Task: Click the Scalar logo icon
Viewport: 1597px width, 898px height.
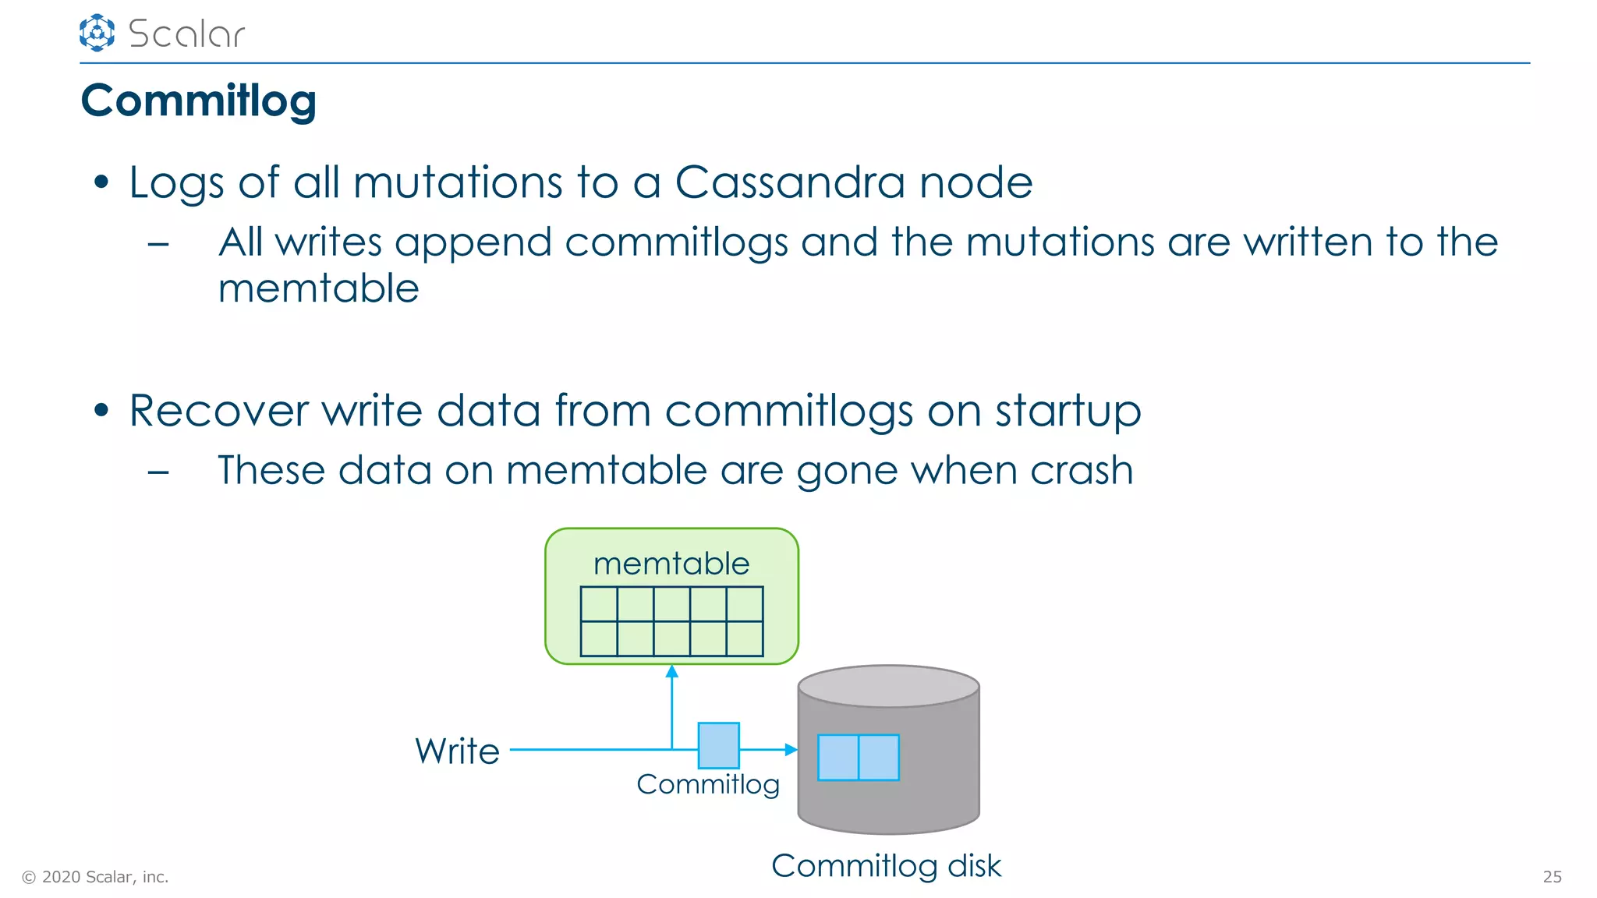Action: pos(97,33)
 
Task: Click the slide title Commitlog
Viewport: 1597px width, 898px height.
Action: pos(199,101)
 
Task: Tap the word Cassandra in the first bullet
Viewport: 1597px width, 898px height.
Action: pos(789,182)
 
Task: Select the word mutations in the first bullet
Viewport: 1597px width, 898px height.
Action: pos(457,182)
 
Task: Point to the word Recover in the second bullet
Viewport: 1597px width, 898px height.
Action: pos(218,411)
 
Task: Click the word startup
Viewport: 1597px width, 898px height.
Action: pos(1068,411)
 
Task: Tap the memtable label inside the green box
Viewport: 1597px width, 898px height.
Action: pos(671,564)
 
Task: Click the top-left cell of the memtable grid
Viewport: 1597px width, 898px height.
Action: pos(599,604)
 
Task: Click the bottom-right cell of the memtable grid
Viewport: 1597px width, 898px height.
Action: pos(745,638)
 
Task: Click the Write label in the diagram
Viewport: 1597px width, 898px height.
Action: pos(457,751)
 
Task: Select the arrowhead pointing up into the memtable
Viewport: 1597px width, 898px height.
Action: pos(672,671)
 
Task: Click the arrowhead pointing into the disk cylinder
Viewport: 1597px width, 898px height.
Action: pos(791,749)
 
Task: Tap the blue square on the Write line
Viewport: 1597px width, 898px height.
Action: pos(718,745)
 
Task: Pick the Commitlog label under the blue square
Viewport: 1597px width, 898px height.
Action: pos(707,784)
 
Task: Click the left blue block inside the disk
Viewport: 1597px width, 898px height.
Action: pos(838,757)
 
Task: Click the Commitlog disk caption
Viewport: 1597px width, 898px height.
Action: pos(886,865)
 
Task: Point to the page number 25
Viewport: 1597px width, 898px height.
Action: pos(1552,877)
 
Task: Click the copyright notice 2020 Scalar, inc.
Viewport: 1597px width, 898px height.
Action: pos(95,877)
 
